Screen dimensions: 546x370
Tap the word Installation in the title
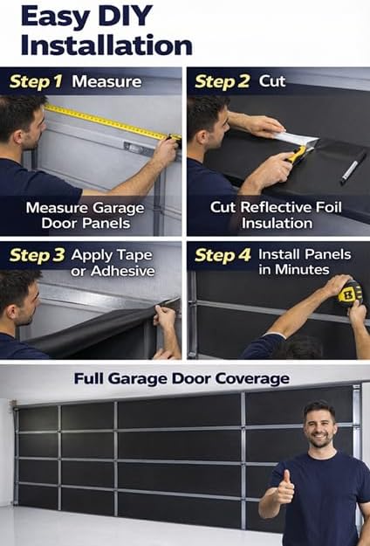(x=106, y=45)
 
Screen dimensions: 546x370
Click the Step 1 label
(x=37, y=82)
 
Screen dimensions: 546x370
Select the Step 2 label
(x=222, y=82)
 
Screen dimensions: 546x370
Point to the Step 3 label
(x=37, y=256)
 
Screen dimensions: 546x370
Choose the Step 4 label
(x=222, y=255)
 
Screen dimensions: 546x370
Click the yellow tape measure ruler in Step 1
(x=105, y=122)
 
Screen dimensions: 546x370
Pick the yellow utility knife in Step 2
(x=298, y=154)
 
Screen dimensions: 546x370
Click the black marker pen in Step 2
(x=353, y=167)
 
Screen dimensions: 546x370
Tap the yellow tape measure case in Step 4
(x=349, y=294)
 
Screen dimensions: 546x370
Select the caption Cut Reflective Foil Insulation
(x=276, y=216)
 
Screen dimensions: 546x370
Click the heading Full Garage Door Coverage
(x=181, y=379)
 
